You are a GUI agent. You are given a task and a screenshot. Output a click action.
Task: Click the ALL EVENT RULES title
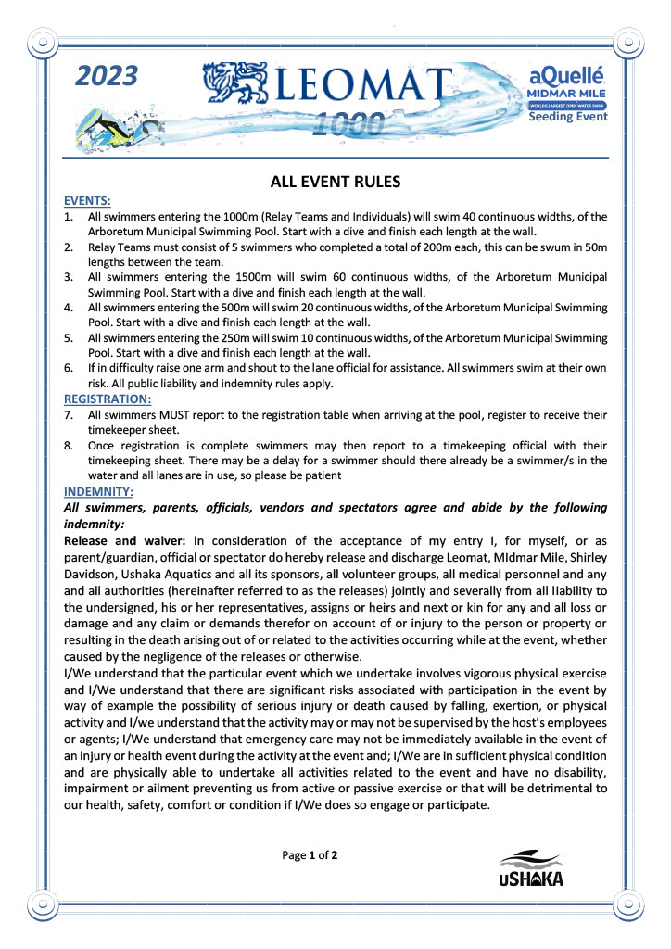(x=335, y=182)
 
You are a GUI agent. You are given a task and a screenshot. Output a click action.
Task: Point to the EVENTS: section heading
(x=87, y=200)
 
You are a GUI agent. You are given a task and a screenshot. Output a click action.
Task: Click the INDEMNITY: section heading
(x=98, y=490)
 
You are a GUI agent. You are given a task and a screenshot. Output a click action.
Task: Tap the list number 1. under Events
(x=69, y=215)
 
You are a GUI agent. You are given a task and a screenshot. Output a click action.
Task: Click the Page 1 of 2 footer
(x=310, y=854)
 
